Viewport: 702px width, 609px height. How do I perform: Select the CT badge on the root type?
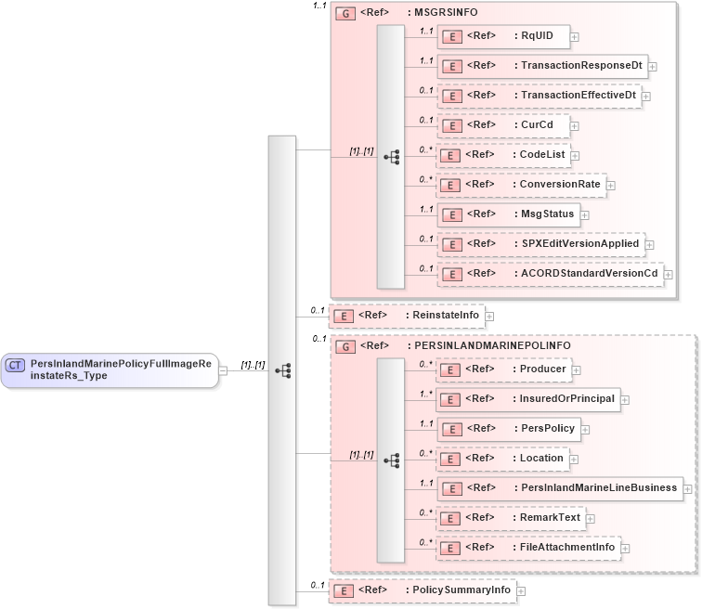pos(15,365)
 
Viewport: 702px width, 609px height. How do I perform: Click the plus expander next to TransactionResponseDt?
pos(653,67)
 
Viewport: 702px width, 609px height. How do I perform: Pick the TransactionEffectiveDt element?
pos(540,96)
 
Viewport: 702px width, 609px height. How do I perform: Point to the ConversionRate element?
pos(522,185)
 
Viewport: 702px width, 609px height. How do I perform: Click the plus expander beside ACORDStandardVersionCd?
pos(668,275)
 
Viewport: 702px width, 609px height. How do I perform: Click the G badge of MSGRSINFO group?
pos(345,14)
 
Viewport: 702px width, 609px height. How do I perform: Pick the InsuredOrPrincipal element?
pos(529,399)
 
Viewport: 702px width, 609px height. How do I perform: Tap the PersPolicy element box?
pos(510,429)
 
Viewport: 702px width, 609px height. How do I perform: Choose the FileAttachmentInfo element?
pos(529,548)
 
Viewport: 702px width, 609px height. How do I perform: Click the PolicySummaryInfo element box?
pos(422,590)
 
